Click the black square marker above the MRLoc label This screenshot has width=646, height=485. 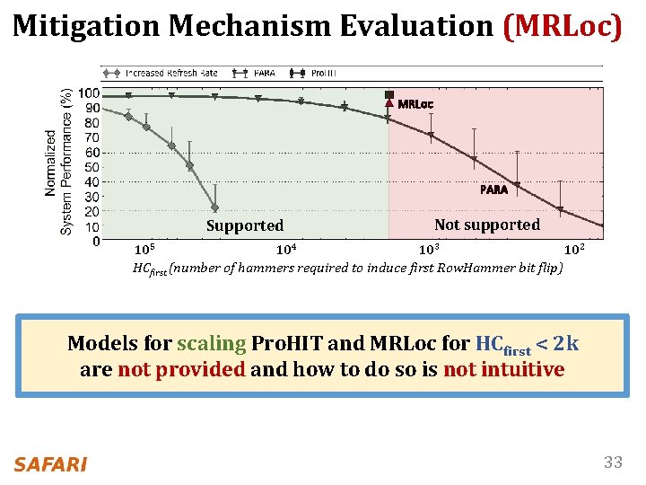(388, 94)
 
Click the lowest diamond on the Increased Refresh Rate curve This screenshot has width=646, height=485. (214, 207)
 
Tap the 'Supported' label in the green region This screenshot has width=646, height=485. (244, 225)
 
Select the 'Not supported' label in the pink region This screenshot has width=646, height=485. (486, 225)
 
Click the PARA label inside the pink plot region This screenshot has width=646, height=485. (493, 190)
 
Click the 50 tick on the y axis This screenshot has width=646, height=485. (92, 167)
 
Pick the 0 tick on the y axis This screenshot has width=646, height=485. (95, 241)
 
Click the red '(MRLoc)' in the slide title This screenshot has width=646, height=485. (562, 26)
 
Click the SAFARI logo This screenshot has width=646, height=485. (50, 463)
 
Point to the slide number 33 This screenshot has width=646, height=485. (613, 463)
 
